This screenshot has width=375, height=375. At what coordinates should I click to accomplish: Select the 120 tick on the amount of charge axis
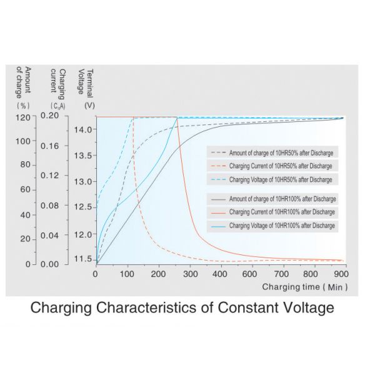point(22,117)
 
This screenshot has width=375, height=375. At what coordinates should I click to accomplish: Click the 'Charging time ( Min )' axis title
point(304,287)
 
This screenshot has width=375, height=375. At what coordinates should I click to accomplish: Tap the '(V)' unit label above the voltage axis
point(89,106)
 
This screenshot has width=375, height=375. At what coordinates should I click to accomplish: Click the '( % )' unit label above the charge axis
point(22,106)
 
